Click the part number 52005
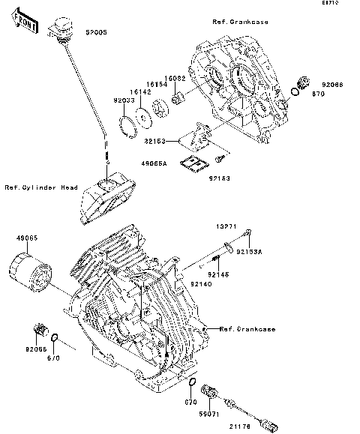click(95, 34)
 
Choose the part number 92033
click(124, 98)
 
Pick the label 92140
click(200, 285)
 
